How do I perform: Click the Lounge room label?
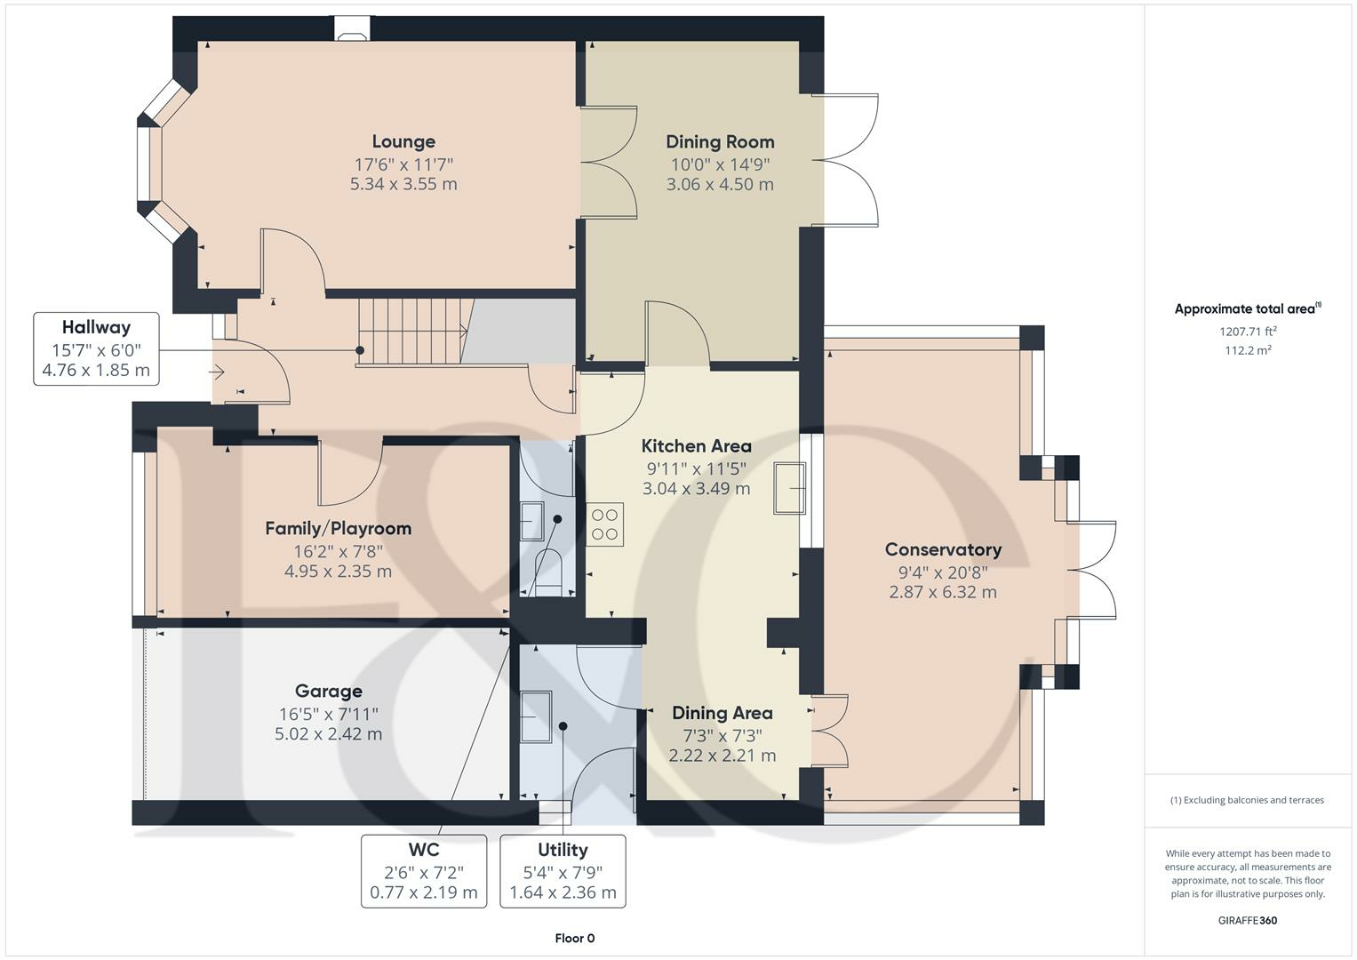[403, 142]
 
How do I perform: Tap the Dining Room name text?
[720, 142]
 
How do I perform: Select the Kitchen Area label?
[696, 446]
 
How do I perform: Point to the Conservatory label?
[943, 549]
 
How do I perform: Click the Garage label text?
[328, 691]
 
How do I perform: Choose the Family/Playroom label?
[338, 529]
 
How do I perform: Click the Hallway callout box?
[96, 349]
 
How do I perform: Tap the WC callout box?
[424, 871]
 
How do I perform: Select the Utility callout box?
[563, 871]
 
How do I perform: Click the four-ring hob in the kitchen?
[604, 524]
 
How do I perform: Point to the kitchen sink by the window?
[789, 488]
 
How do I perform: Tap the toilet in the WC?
[549, 572]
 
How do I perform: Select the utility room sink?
[536, 717]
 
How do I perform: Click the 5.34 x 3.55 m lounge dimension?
[403, 184]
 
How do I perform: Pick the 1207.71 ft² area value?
[1248, 331]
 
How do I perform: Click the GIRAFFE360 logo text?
[1248, 921]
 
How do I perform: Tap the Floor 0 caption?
[575, 938]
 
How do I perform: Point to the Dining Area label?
[722, 713]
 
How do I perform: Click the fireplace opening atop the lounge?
[352, 28]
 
